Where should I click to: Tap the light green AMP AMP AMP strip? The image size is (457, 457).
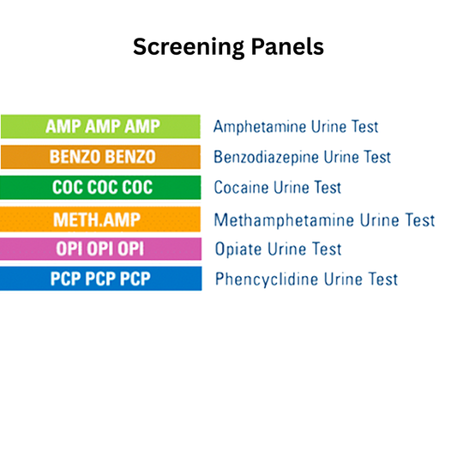point(100,127)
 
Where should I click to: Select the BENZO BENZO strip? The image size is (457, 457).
point(100,157)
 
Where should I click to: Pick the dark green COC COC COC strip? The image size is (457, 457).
point(100,187)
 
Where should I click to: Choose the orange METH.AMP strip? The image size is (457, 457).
point(100,219)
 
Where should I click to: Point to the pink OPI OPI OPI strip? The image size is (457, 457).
point(100,249)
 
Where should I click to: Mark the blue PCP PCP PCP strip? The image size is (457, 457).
point(100,279)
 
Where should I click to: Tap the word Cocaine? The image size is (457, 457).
point(241,188)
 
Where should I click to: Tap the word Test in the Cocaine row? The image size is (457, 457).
point(325,188)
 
